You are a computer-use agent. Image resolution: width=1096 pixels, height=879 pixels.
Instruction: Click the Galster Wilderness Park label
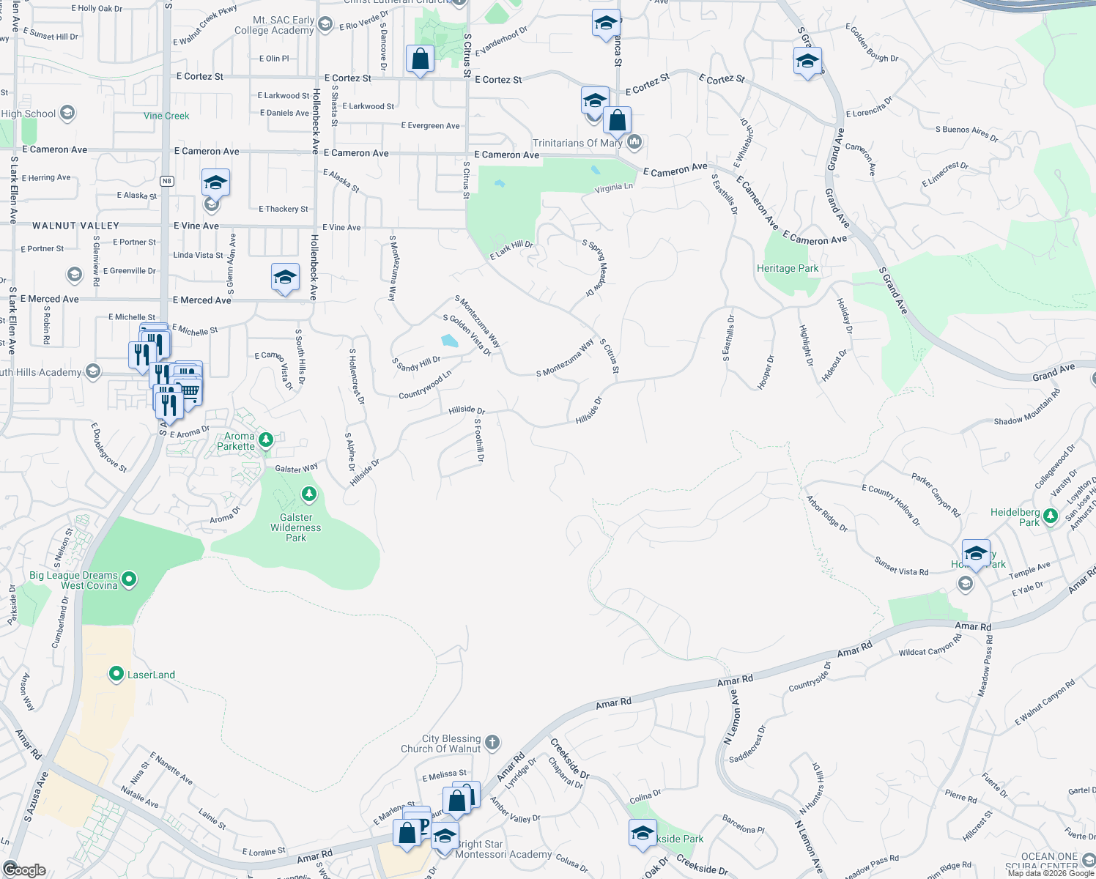click(296, 527)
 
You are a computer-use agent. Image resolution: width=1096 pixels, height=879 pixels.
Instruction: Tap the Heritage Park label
click(788, 269)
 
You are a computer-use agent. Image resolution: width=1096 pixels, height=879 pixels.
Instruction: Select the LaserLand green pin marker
click(116, 674)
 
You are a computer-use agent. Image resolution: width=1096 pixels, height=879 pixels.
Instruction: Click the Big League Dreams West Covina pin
click(129, 579)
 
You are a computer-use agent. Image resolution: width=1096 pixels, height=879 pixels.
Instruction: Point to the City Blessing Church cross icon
click(492, 743)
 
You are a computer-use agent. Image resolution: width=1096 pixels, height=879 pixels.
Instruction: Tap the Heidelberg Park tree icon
click(1050, 516)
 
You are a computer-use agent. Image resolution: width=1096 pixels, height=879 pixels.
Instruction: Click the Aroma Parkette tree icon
click(266, 439)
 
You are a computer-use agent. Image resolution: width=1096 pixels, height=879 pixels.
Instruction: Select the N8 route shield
click(167, 181)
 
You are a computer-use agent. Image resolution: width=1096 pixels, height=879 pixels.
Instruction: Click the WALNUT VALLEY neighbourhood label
click(75, 226)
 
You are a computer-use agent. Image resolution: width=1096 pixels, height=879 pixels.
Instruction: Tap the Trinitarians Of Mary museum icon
click(634, 141)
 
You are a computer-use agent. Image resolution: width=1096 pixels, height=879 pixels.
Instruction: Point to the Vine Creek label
click(166, 116)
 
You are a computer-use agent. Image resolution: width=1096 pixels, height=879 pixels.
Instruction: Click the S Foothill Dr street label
click(479, 440)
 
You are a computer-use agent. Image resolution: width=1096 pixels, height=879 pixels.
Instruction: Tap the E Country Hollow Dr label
click(891, 505)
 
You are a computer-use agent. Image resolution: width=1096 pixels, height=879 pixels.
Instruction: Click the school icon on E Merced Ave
click(285, 278)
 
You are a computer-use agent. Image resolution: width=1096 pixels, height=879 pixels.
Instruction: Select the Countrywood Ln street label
click(425, 385)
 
